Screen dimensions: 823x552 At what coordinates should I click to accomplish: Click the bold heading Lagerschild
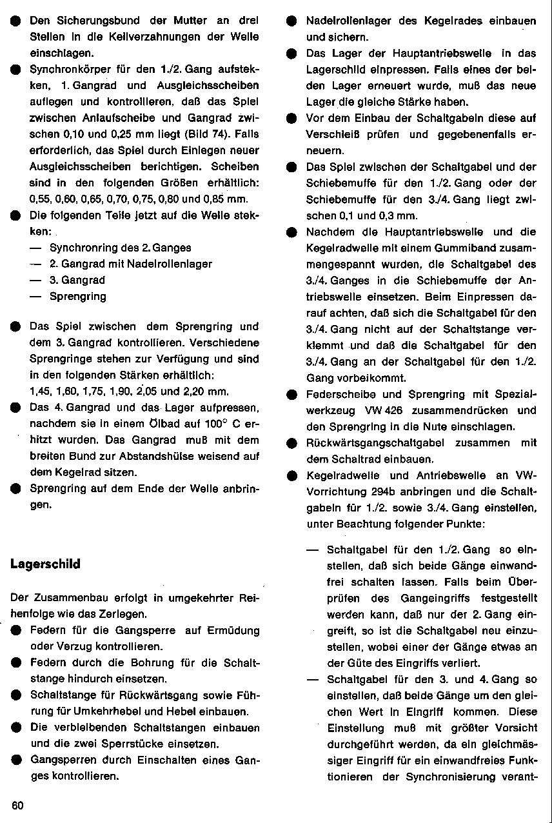45,564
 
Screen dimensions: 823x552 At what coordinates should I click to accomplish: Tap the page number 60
17,806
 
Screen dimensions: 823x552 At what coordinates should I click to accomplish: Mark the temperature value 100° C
224,424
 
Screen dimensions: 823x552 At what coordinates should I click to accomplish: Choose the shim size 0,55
40,199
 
